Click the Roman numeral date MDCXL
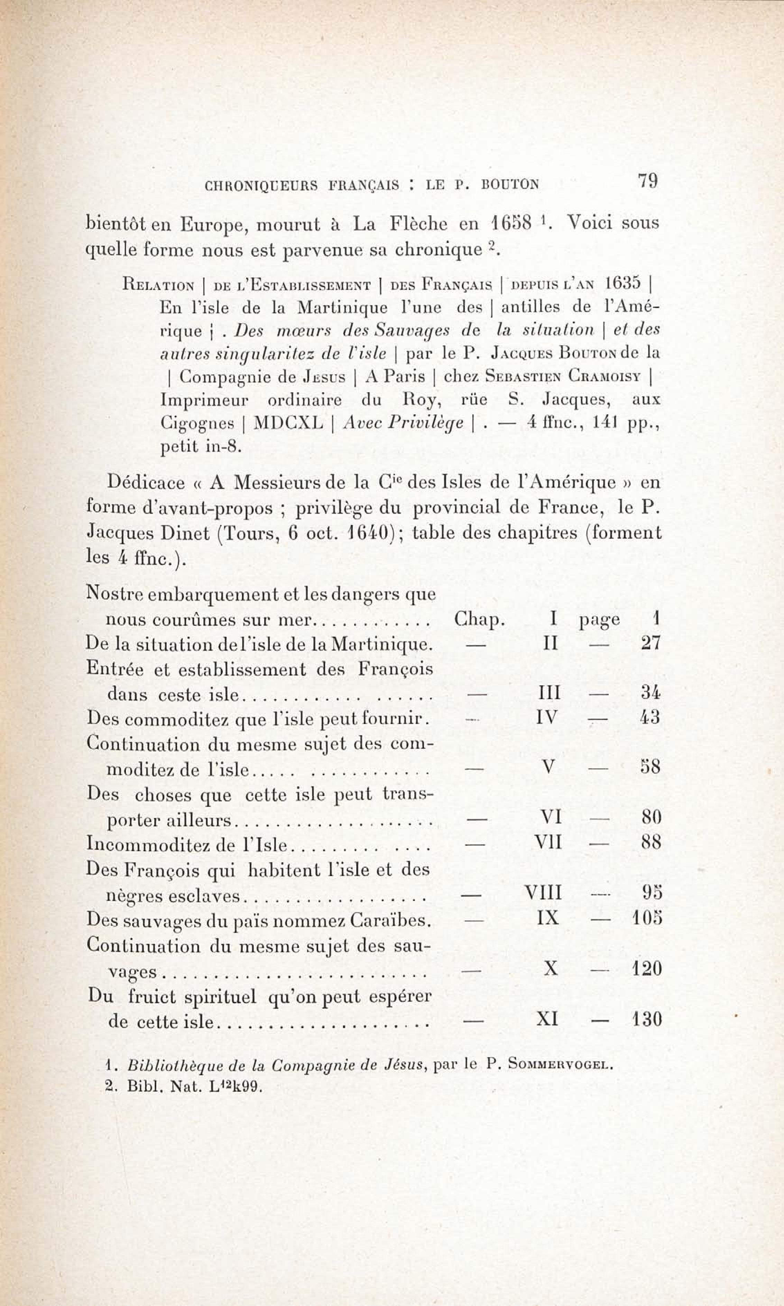288,423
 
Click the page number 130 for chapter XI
647,1020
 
